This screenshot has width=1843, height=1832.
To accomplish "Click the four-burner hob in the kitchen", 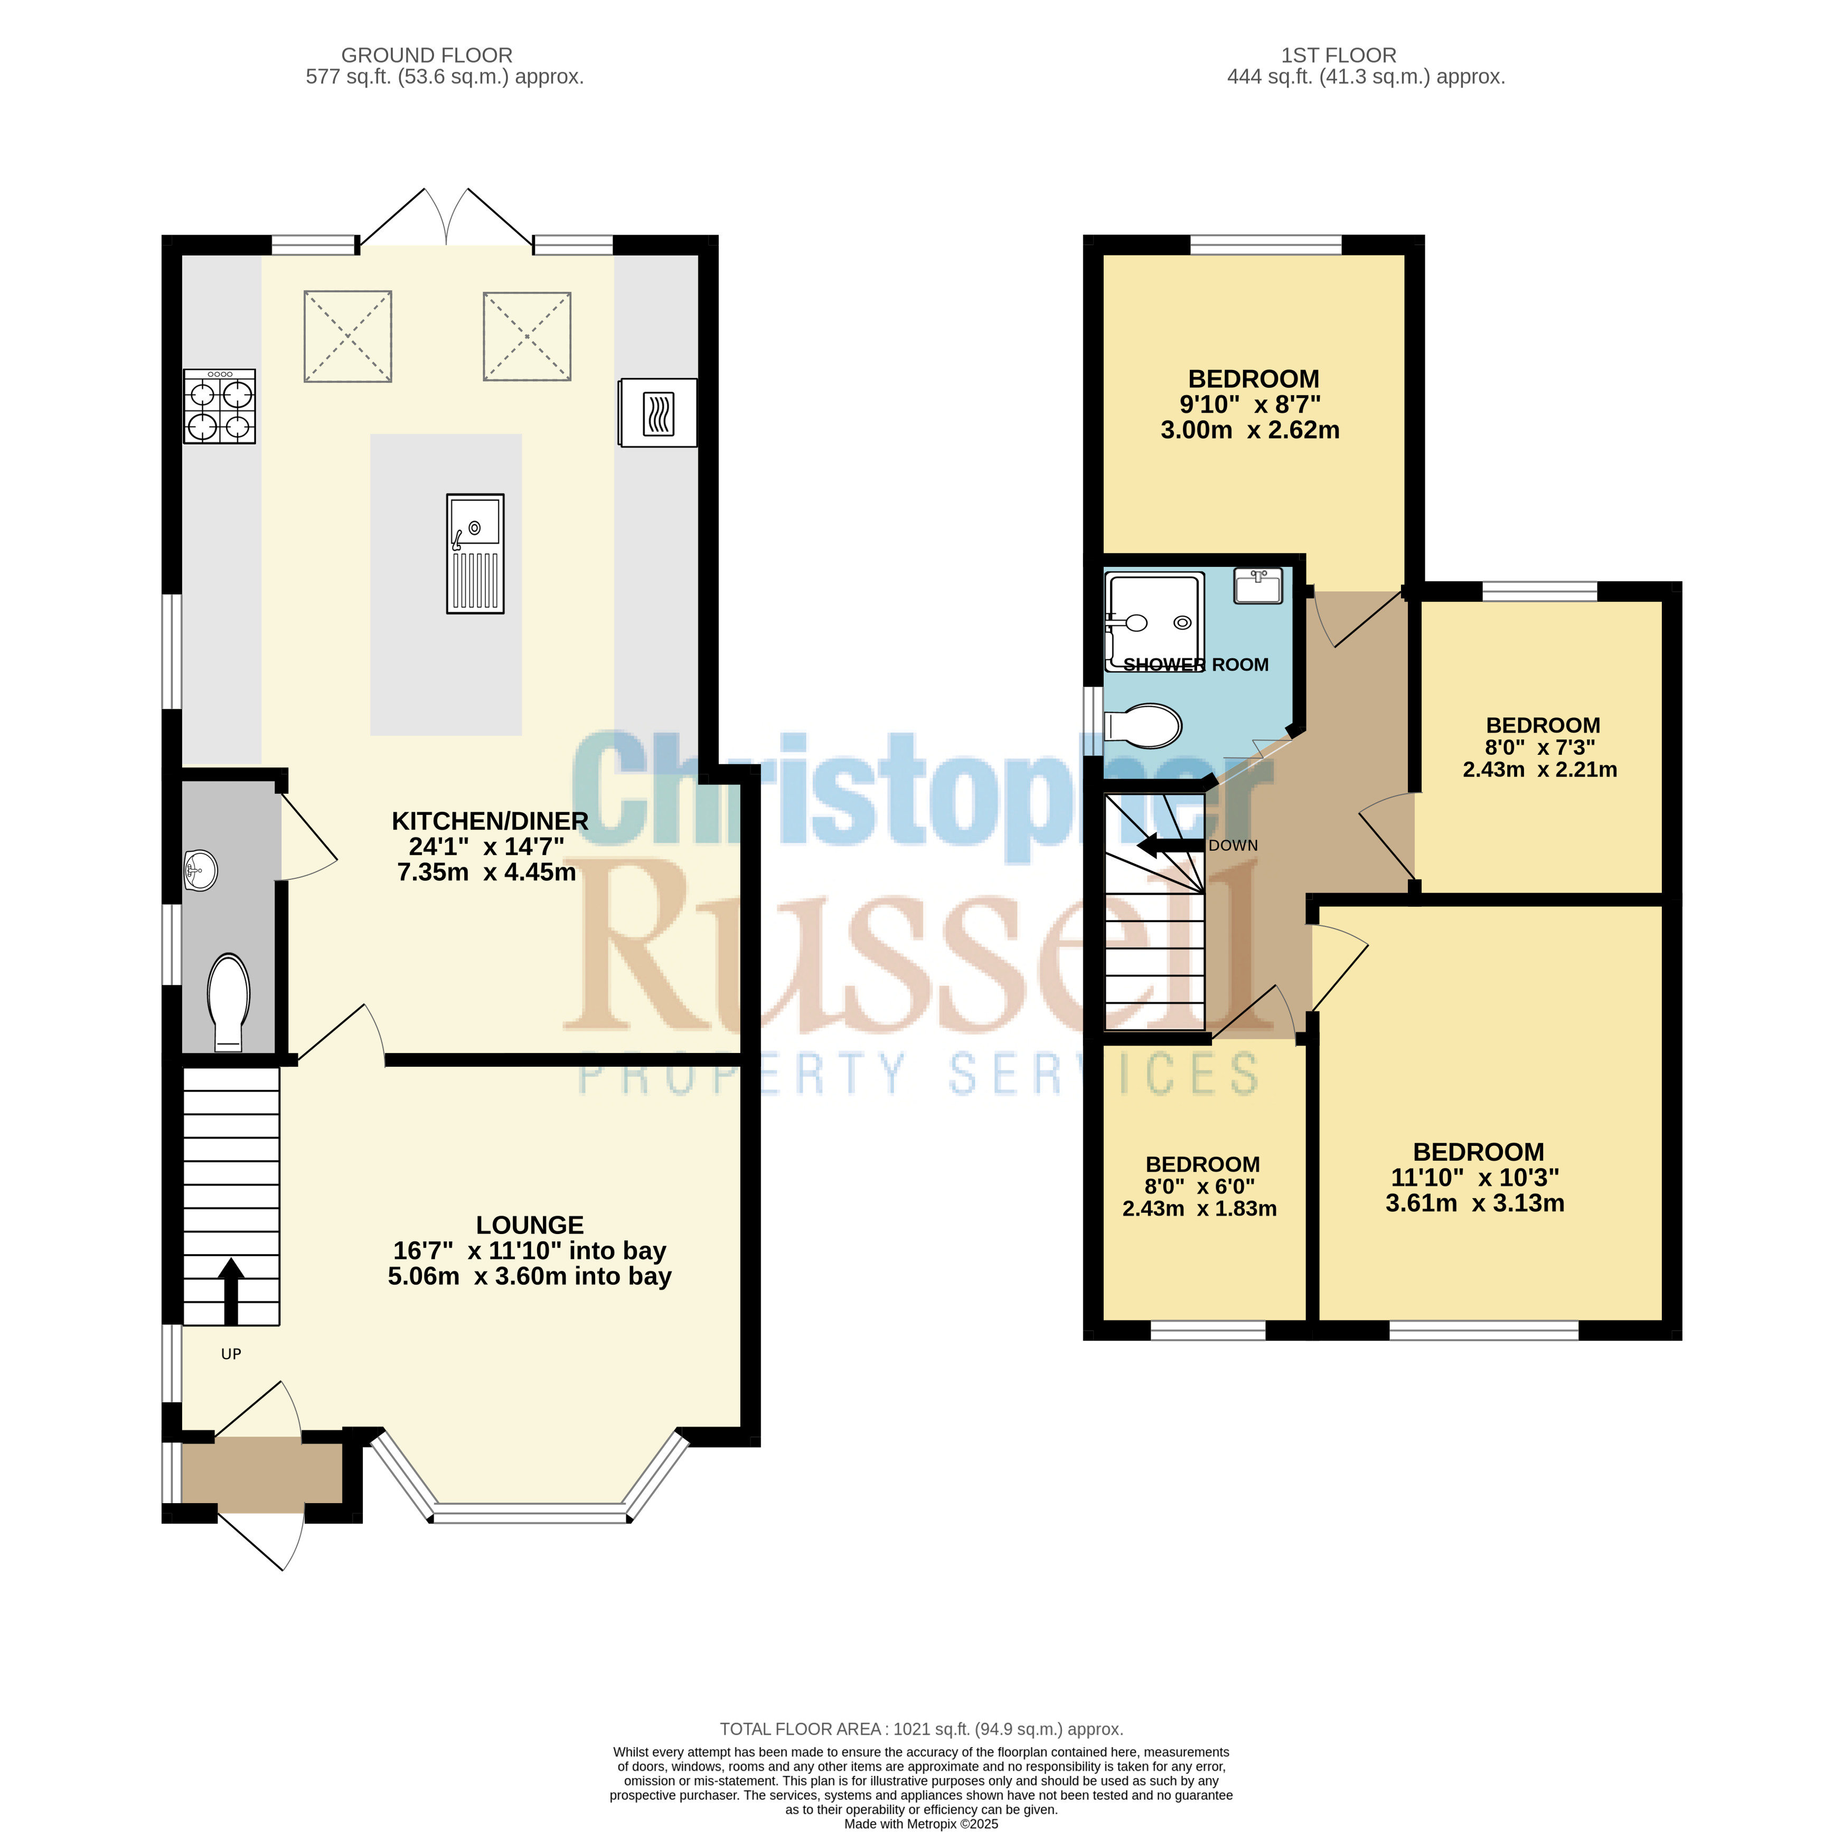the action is pyautogui.click(x=219, y=406).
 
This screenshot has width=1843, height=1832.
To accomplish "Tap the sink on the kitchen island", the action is pyautogui.click(x=475, y=553).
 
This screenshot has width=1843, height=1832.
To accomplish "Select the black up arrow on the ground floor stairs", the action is pyautogui.click(x=231, y=1292).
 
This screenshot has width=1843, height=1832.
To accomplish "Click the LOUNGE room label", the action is pyautogui.click(x=530, y=1225).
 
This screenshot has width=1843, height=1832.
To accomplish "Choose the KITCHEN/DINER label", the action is pyautogui.click(x=490, y=820).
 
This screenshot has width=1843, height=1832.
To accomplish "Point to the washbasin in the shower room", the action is pyautogui.click(x=1258, y=585).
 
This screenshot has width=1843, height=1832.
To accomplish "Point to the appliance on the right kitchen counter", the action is pyautogui.click(x=657, y=413).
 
